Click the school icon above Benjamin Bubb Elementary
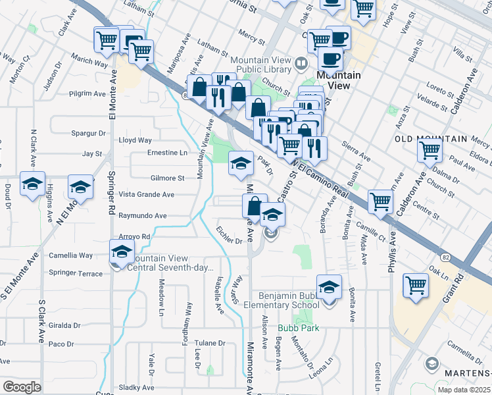click(329, 288)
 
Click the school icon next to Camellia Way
click(122, 252)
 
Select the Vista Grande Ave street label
click(146, 195)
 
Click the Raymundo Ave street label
click(143, 215)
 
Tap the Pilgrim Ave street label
click(82, 94)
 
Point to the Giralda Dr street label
click(64, 325)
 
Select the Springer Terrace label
click(76, 273)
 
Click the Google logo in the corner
click(21, 387)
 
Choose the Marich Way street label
click(90, 64)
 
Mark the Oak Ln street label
click(438, 269)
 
